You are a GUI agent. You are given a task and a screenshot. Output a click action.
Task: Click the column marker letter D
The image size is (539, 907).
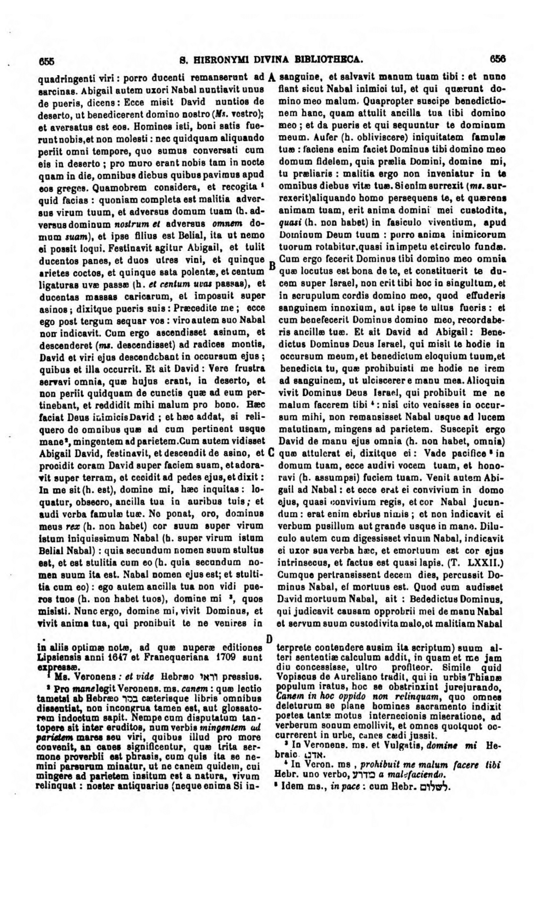(269, 639)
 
